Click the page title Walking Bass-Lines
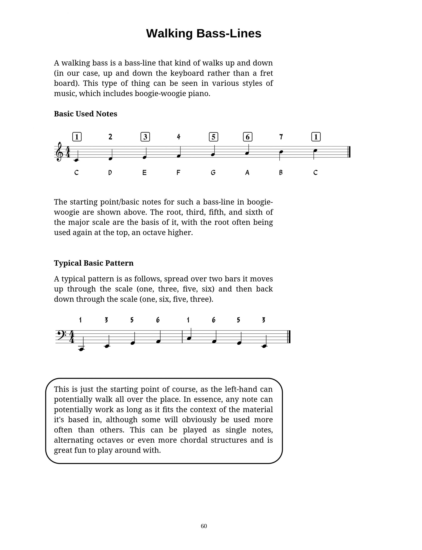(203, 33)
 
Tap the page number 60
(204, 526)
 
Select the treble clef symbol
(59, 152)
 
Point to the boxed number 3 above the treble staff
(145, 137)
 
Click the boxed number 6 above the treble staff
(248, 137)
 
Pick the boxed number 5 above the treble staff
(213, 137)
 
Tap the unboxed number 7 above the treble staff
(281, 137)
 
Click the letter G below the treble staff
(213, 173)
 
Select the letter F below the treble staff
(178, 173)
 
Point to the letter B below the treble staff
(281, 173)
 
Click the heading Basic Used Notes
(85, 114)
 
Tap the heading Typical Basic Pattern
(94, 263)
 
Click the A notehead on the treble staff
(247, 153)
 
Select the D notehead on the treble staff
(110, 159)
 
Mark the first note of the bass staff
(81, 349)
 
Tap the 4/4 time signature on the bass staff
(72, 336)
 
